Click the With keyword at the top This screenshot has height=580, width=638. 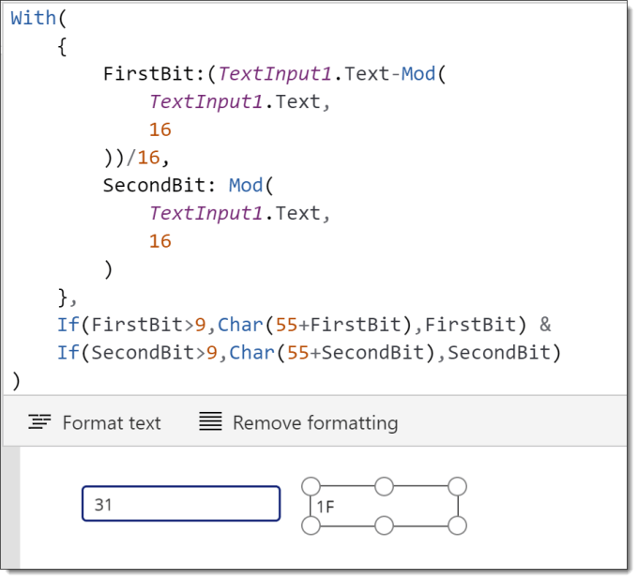click(33, 19)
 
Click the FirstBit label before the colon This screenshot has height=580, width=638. click(149, 74)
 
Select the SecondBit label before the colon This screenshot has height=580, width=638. click(155, 186)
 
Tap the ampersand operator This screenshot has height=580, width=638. click(545, 325)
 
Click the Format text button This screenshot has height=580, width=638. click(95, 422)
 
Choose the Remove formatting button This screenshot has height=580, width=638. click(298, 422)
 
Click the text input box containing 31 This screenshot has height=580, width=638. click(181, 503)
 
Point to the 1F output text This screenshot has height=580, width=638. click(326, 507)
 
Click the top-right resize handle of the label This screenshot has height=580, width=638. click(457, 486)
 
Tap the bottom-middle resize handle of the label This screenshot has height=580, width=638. click(384, 526)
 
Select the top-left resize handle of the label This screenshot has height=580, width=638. click(311, 486)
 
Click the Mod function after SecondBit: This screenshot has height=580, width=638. click(246, 186)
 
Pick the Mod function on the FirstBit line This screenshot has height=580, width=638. click(418, 74)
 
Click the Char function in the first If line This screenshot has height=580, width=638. click(240, 325)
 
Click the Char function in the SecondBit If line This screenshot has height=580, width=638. click(251, 353)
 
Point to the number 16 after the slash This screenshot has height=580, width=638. click(149, 158)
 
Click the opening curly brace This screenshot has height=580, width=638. click(62, 46)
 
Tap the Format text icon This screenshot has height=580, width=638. click(39, 421)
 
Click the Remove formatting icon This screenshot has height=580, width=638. click(210, 421)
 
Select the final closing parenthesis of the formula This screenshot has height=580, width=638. click(16, 381)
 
